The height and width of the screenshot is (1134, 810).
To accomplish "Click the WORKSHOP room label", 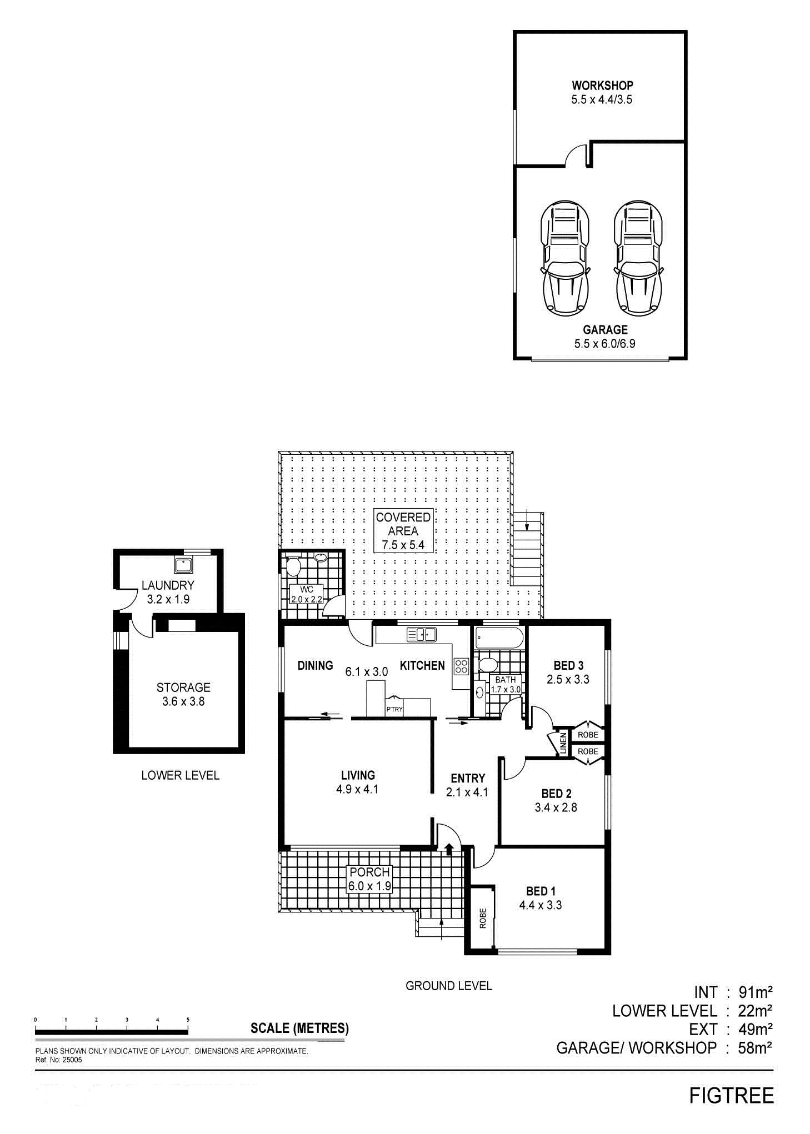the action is point(602,86).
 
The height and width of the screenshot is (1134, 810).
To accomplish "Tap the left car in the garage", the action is point(564,257).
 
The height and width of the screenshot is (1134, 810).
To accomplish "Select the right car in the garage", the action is point(638,257).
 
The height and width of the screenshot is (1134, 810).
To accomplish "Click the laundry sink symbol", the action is point(183,565).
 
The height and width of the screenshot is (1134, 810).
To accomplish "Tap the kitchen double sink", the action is point(422,634).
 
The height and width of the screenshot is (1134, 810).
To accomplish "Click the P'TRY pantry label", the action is point(394,709).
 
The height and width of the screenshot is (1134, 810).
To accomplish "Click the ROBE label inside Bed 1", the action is point(483,918).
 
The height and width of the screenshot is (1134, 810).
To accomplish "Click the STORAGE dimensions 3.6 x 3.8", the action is point(183,701).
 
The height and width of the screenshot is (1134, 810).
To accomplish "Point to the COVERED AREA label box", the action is point(403,530).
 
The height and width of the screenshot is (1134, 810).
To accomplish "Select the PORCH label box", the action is point(370,879).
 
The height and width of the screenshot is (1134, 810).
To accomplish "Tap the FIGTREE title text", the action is point(731,1096).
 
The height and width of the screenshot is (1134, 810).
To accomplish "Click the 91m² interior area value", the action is point(756,991).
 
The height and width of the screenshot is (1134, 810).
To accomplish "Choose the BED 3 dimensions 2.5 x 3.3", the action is point(568,679).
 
